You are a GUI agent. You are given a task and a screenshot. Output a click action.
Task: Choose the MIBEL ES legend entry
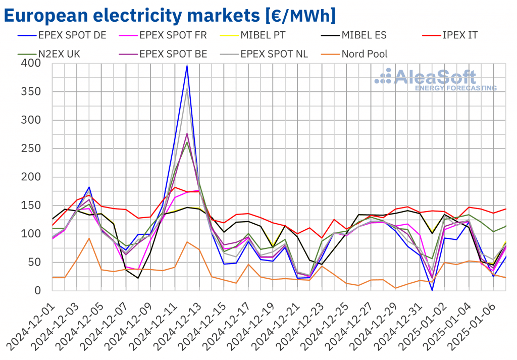(367, 35)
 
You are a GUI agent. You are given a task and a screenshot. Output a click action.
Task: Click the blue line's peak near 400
(187, 66)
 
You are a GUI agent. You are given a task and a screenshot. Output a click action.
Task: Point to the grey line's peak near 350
(187, 89)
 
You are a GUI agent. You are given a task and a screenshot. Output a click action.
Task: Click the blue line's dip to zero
(432, 290)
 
